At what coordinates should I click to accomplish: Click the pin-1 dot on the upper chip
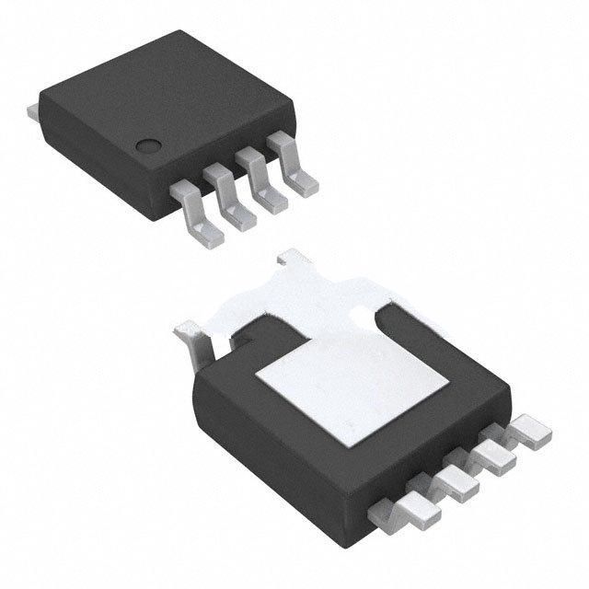[x=146, y=144]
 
